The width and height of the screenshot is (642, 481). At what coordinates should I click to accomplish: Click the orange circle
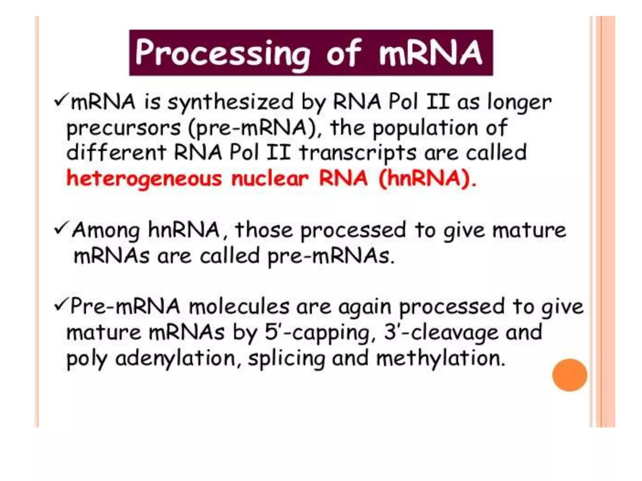click(x=569, y=375)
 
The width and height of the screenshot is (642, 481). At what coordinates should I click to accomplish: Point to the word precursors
click(x=124, y=128)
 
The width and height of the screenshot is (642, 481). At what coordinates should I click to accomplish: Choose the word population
click(x=425, y=128)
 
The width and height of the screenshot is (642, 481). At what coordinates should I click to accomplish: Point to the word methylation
click(x=440, y=358)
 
